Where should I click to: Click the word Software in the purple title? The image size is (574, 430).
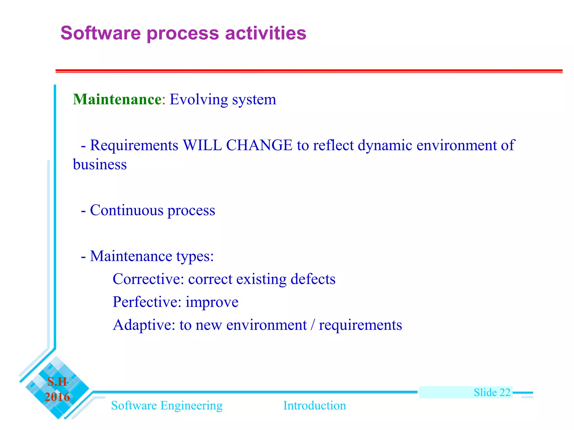pyautogui.click(x=100, y=33)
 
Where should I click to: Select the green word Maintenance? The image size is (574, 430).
pyautogui.click(x=117, y=99)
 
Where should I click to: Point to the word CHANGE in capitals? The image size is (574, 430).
pyautogui.click(x=259, y=145)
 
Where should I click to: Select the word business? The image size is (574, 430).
pyautogui.click(x=100, y=164)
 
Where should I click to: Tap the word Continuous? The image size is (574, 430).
pyautogui.click(x=126, y=210)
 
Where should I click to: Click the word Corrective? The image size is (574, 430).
pyautogui.click(x=148, y=279)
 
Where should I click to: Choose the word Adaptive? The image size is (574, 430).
pyautogui.click(x=144, y=325)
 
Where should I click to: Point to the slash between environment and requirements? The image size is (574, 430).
pyautogui.click(x=313, y=325)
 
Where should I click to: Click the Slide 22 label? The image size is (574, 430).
pyautogui.click(x=492, y=392)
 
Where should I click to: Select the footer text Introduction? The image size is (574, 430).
pyautogui.click(x=314, y=406)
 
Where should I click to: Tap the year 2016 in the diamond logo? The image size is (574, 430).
pyautogui.click(x=57, y=397)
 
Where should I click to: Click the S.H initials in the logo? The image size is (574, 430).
pyautogui.click(x=57, y=382)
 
